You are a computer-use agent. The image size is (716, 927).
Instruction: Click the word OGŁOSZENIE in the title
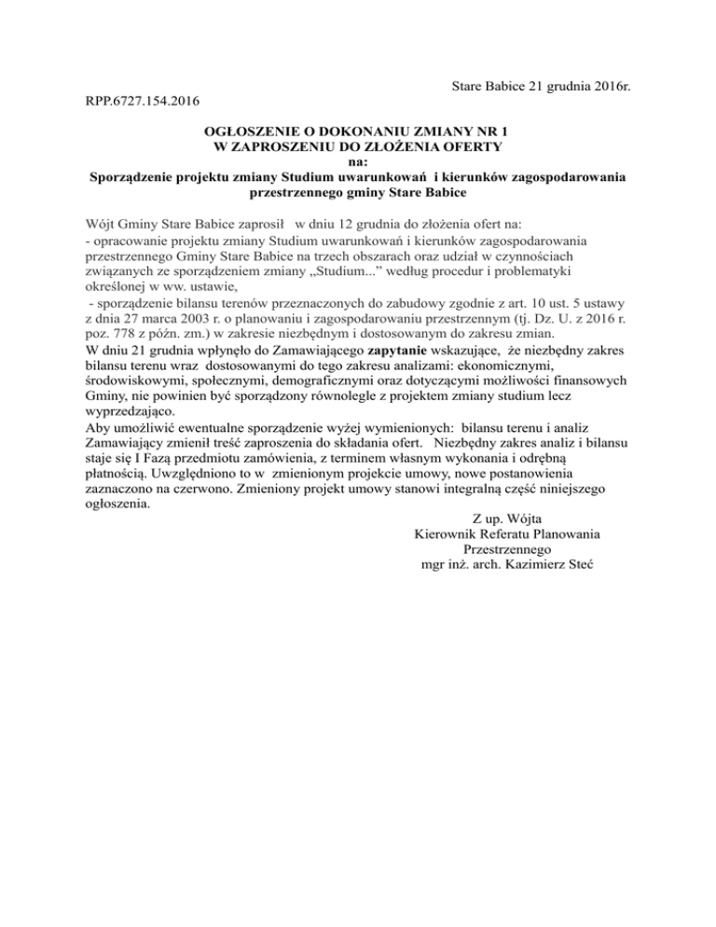[253, 131]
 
